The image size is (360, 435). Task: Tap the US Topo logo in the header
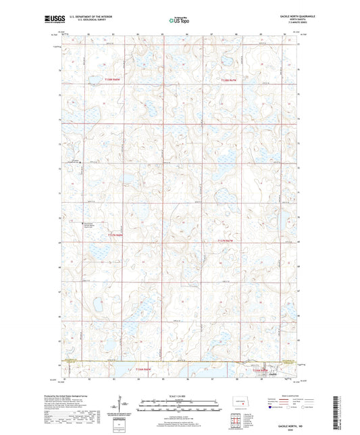(x=178, y=21)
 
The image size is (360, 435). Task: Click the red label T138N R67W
(x=230, y=80)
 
